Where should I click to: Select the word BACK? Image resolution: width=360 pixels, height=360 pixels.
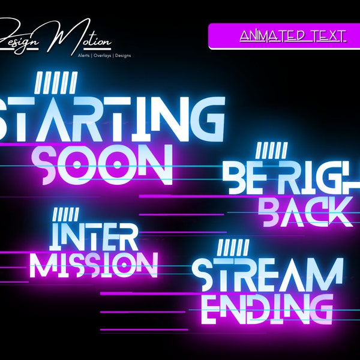pos(306,211)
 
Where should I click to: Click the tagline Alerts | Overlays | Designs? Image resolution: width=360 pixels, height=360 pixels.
pos(104,55)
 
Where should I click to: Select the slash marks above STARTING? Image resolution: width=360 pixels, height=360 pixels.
pos(56,82)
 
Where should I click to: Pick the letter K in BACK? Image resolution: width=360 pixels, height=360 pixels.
pos(339,211)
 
